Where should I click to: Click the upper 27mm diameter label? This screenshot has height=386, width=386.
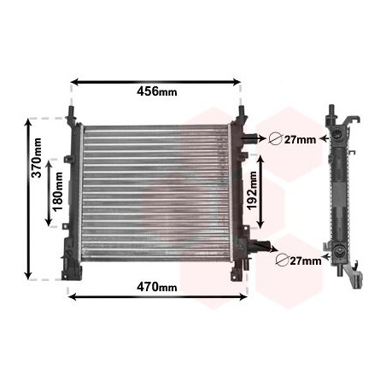[x=299, y=140]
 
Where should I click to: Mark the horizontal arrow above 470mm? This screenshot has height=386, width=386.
[x=157, y=297]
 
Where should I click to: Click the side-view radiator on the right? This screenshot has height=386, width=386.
[x=342, y=195]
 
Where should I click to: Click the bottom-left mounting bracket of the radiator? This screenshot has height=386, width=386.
[x=69, y=269]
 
